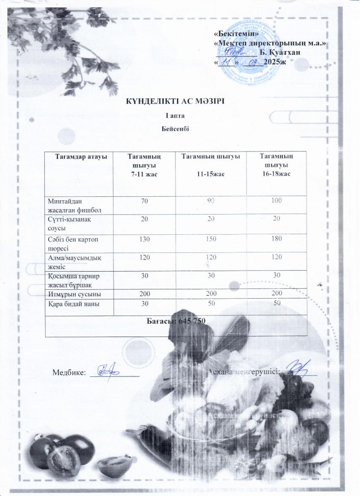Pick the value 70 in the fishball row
[145, 200]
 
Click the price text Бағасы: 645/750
[176, 321]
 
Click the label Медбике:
[69, 372]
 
